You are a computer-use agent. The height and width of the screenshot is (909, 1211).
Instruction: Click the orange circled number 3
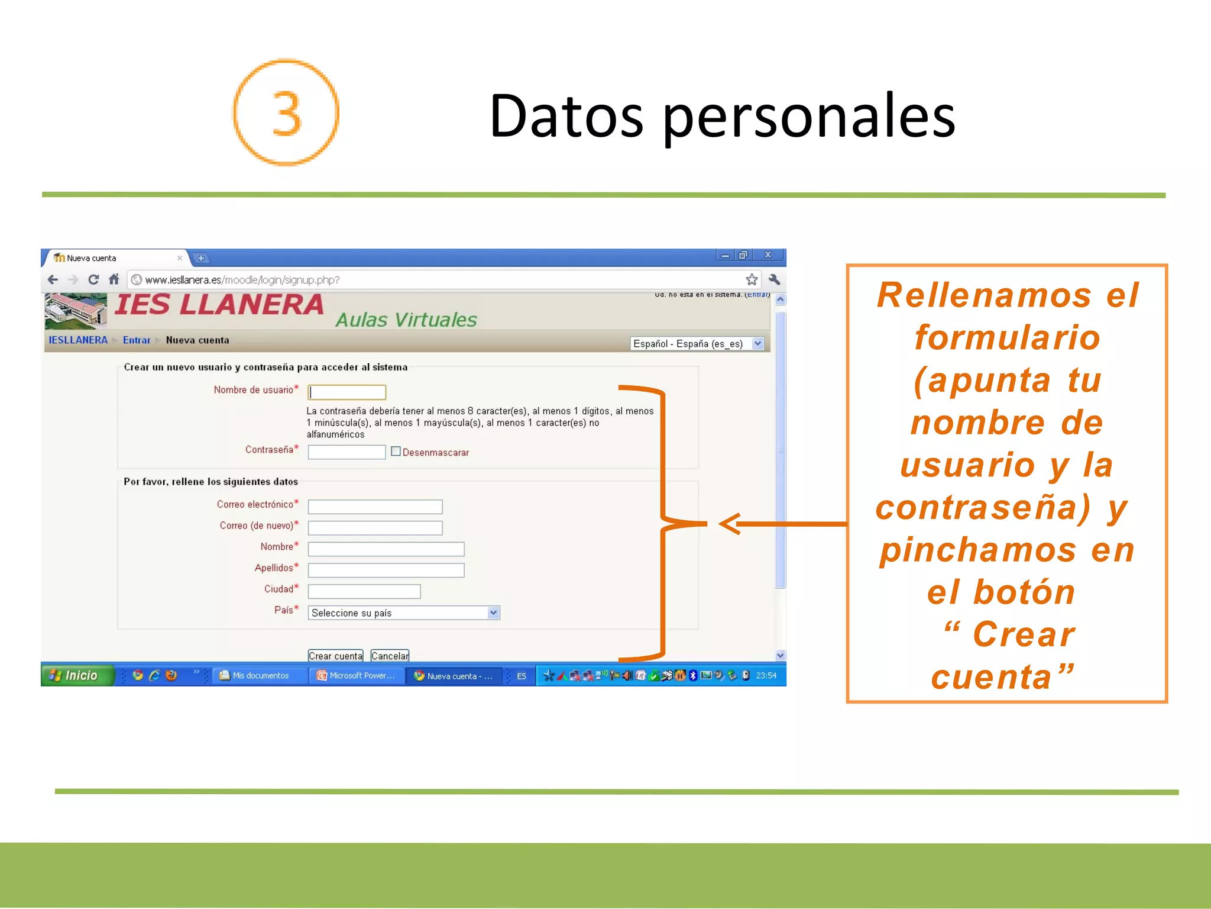click(x=286, y=112)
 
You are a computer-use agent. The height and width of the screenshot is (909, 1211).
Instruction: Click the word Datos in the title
click(x=566, y=117)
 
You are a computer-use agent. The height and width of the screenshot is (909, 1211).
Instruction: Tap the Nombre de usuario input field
click(x=347, y=392)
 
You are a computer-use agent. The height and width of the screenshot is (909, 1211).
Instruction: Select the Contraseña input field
click(x=347, y=452)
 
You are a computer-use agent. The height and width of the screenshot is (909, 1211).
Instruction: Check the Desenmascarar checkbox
click(x=396, y=452)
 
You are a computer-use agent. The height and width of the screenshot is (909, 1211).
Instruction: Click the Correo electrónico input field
click(x=375, y=507)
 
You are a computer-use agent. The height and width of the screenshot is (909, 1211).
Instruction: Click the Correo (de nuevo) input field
click(x=375, y=528)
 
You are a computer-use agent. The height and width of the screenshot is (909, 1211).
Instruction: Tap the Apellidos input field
click(x=386, y=570)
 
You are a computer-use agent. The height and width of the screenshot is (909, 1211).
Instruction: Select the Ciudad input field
click(x=364, y=591)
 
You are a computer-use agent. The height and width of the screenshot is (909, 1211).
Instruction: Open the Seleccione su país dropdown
click(x=404, y=613)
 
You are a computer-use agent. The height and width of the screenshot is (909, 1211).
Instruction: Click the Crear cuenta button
click(x=335, y=656)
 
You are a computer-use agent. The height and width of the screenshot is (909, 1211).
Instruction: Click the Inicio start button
click(x=77, y=675)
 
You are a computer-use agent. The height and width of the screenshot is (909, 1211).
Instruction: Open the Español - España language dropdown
click(x=697, y=344)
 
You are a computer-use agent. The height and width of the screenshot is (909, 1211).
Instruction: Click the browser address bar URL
click(x=242, y=280)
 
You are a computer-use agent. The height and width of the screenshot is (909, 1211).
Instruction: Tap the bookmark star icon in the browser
click(x=752, y=279)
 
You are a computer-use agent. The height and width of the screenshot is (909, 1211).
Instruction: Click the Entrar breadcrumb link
click(x=137, y=340)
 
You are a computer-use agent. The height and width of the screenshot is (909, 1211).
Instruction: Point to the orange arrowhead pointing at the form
click(x=730, y=524)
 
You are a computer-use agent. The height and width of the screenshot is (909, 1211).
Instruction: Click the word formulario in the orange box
click(x=1007, y=337)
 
